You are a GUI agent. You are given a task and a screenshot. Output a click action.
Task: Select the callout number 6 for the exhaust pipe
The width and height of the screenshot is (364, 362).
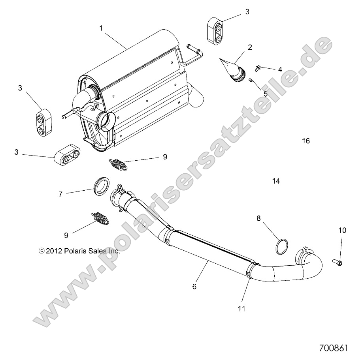[x=194, y=287]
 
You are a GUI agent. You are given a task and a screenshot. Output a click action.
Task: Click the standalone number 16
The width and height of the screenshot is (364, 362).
[x=306, y=141]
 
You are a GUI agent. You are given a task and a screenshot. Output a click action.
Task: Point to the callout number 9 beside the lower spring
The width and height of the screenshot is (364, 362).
[x=66, y=235]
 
